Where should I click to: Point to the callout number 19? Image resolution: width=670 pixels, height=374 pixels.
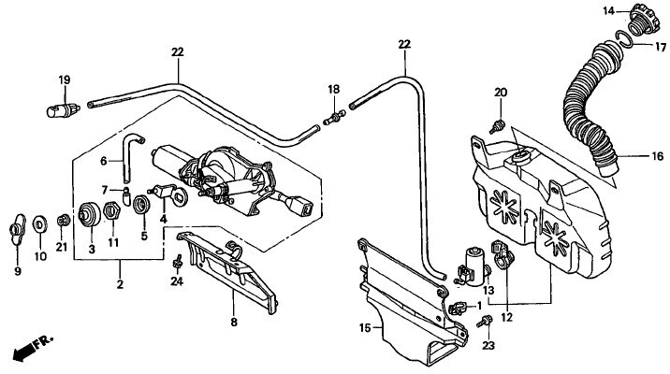[x=65, y=81]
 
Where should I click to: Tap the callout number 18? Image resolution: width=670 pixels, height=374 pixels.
[x=333, y=89]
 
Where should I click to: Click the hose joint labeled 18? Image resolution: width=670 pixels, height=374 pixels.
[x=332, y=119]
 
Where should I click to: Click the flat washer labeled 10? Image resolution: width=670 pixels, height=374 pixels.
[x=41, y=224]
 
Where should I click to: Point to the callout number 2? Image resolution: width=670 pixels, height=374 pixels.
[x=119, y=282]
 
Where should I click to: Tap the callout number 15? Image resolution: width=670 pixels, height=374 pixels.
[x=365, y=327]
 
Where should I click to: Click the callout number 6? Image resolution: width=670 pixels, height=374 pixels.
[x=106, y=160]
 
